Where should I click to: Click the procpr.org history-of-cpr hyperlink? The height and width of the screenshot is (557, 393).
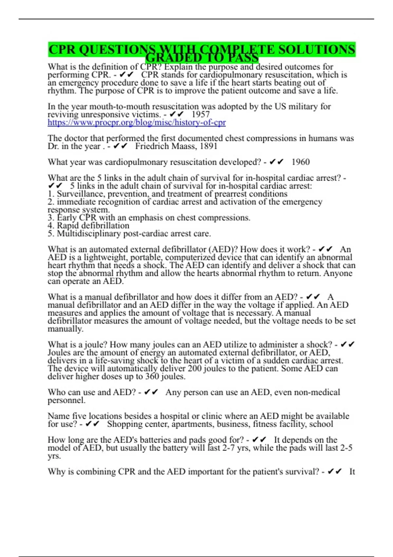pyautogui.click(x=137, y=123)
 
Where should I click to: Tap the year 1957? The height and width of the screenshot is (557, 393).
pyautogui.click(x=200, y=114)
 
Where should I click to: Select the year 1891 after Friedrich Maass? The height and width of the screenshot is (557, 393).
pyautogui.click(x=208, y=146)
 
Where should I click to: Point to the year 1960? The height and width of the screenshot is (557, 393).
pyautogui.click(x=300, y=162)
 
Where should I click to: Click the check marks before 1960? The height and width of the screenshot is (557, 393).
pyautogui.click(x=277, y=162)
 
